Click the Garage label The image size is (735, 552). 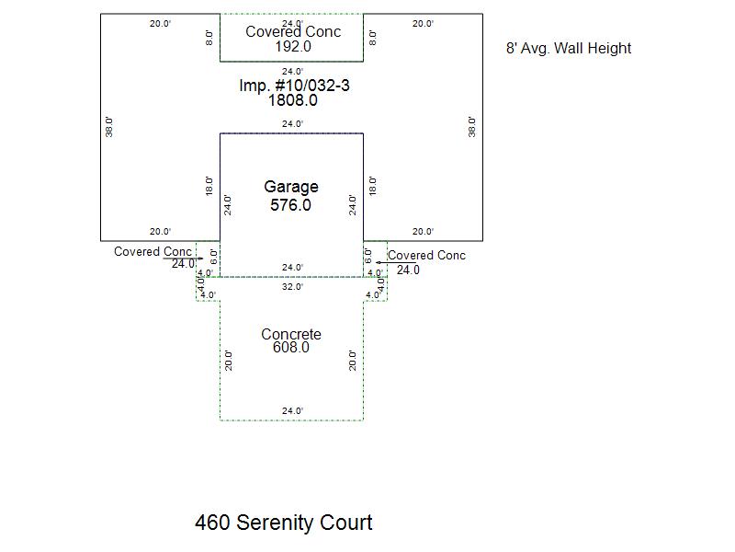click(x=291, y=187)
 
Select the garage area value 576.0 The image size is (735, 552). click(x=290, y=205)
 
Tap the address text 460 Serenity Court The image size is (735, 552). click(x=284, y=523)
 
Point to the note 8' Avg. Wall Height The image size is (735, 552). click(x=569, y=49)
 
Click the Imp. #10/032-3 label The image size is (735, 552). click(x=294, y=86)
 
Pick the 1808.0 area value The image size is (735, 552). click(x=292, y=100)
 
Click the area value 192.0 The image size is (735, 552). click(x=293, y=47)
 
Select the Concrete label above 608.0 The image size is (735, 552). click(x=291, y=334)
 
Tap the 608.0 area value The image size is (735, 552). click(x=291, y=348)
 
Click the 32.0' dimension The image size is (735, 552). click(x=292, y=287)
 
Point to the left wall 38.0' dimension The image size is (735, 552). click(x=109, y=127)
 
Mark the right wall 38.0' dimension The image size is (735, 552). click(x=471, y=127)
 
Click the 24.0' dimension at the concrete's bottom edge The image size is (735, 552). click(x=292, y=410)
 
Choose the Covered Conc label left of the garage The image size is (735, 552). click(x=153, y=251)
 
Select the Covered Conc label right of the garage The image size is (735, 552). click(x=426, y=256)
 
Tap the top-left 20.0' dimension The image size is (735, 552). click(x=160, y=24)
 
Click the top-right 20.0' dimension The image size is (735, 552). click(x=423, y=24)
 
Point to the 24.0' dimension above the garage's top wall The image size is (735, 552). click(x=292, y=124)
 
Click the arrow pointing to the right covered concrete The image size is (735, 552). click(x=396, y=263)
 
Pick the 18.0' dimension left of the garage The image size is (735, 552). click(x=209, y=186)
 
